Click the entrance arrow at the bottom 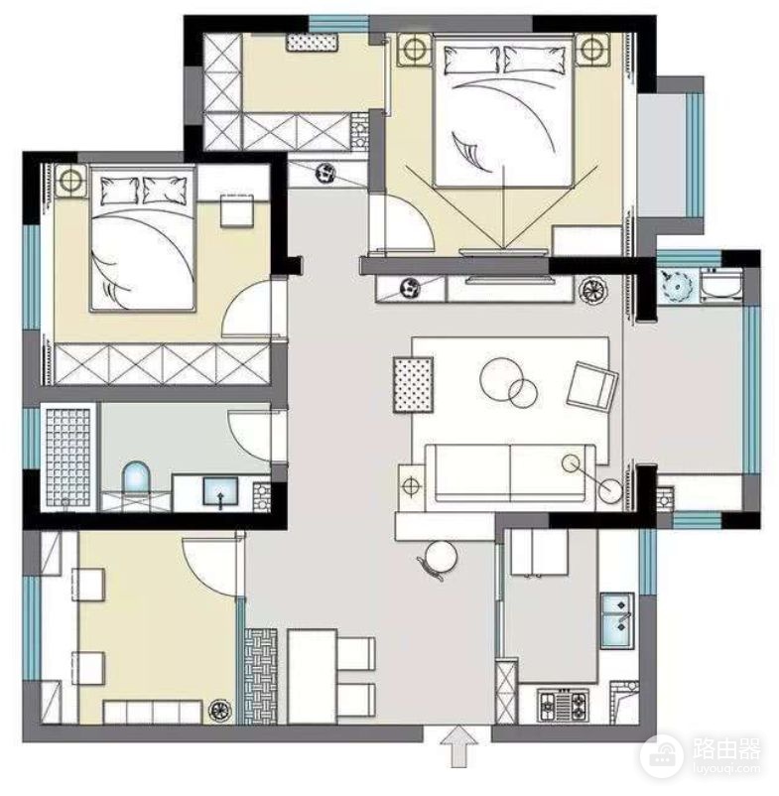click(458, 745)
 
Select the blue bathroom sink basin click(220, 491)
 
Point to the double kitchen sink click(617, 620)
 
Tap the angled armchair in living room click(591, 385)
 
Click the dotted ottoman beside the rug click(413, 385)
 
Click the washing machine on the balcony click(721, 286)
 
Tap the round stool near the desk click(440, 558)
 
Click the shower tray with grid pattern click(68, 456)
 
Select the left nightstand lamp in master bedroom click(415, 50)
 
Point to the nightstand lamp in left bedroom click(70, 180)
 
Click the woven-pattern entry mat click(261, 676)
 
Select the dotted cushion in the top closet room click(313, 42)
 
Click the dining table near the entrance click(313, 676)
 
